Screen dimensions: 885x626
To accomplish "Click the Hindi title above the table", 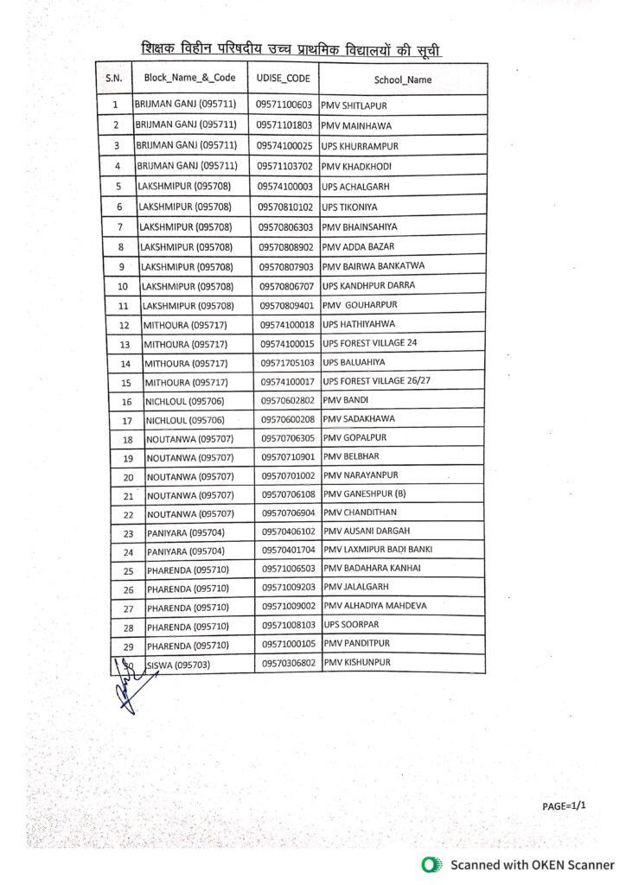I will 297,48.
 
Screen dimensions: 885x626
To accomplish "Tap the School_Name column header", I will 402,80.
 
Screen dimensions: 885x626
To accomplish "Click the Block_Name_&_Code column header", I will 189,78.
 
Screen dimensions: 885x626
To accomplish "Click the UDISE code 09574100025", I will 284,145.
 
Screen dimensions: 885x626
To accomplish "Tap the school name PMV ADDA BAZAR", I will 355,246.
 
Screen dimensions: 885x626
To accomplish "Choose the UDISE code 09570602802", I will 287,401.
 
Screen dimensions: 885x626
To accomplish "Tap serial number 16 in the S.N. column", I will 126,402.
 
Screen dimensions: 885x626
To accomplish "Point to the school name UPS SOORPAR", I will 350,624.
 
